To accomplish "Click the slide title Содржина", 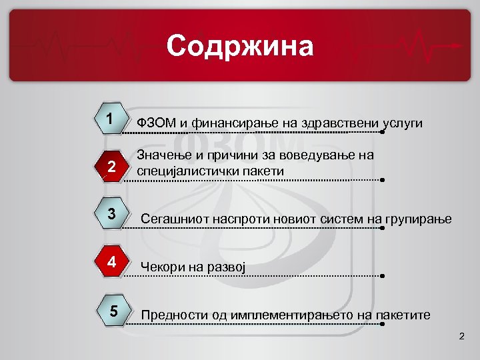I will pos(239,46).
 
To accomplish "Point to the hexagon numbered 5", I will pos(113,311).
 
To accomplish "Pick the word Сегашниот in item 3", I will pos(171,219).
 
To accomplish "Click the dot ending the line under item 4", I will pos(383,275).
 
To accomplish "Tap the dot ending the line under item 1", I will pos(383,132).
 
